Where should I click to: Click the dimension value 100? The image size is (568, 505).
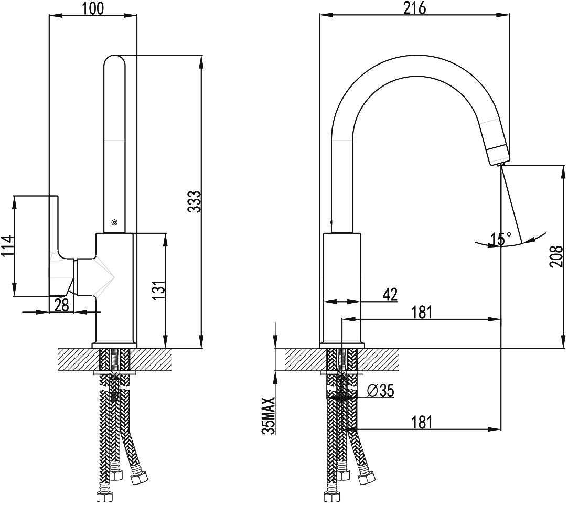[93, 8]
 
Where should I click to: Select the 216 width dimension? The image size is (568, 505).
[415, 8]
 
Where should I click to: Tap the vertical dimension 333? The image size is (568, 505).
[194, 202]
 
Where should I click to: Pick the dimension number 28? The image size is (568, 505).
[62, 305]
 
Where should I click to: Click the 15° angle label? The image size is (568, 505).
[501, 239]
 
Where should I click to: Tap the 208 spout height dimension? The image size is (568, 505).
[556, 257]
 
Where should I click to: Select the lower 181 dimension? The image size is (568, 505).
[422, 422]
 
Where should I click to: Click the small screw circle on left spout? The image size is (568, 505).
[115, 222]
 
